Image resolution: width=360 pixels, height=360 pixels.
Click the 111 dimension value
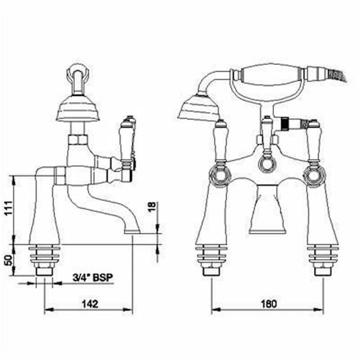(x=9, y=208)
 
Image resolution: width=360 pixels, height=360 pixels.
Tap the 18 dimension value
(x=152, y=207)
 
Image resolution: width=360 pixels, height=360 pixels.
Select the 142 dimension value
(x=90, y=304)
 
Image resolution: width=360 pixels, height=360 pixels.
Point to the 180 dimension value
(x=269, y=304)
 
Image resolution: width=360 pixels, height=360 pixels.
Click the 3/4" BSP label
(x=93, y=278)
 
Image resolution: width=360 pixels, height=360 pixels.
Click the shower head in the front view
(x=198, y=108)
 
